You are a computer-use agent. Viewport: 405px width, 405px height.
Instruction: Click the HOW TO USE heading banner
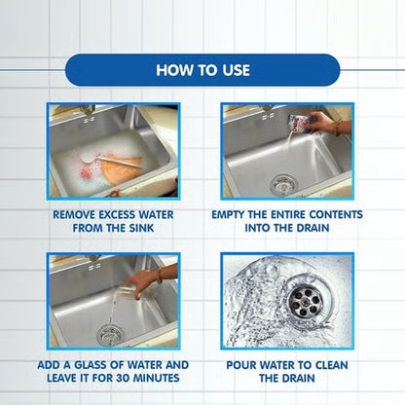(x=202, y=70)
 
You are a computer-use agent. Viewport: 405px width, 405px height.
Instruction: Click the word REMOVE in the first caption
(x=74, y=215)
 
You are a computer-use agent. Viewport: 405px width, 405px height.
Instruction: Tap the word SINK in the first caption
(x=141, y=228)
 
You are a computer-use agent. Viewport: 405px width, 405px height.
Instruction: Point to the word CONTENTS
(x=336, y=215)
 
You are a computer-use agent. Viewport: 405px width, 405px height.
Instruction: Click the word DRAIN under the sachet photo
(x=312, y=228)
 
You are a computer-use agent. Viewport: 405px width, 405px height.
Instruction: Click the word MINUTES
(x=157, y=378)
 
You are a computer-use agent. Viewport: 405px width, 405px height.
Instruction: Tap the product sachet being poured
(x=298, y=123)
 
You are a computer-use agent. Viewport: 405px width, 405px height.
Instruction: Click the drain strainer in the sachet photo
(x=283, y=185)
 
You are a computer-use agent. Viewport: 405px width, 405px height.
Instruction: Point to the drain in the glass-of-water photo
(x=109, y=335)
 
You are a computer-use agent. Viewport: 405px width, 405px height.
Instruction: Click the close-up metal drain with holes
(x=304, y=301)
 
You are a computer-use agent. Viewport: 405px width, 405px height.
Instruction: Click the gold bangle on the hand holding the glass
(x=159, y=275)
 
